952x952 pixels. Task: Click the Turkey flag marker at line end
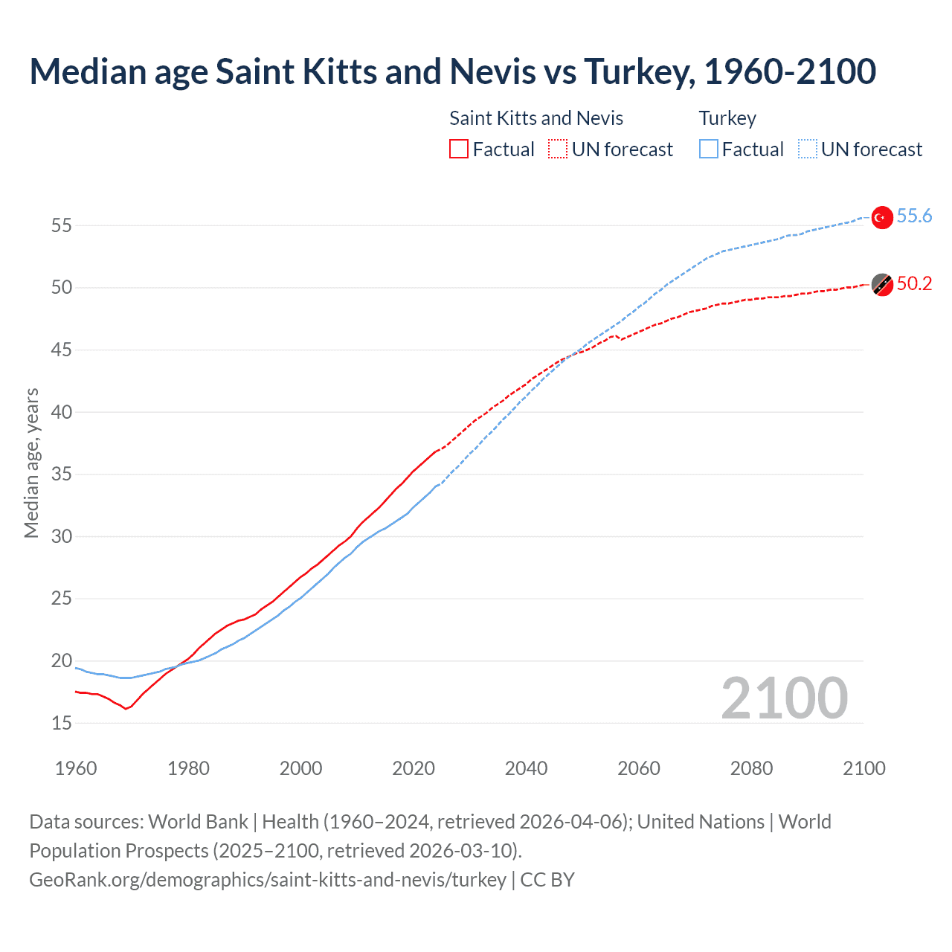(x=881, y=217)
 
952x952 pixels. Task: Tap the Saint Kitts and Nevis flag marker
(x=882, y=284)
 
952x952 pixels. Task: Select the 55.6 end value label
(x=914, y=216)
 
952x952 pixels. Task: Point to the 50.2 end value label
(x=914, y=284)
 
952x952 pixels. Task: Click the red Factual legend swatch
(x=459, y=149)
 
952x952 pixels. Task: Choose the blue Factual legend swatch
(x=709, y=149)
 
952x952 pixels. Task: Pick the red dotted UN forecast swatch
(x=558, y=149)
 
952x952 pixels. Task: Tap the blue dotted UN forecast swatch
(x=808, y=149)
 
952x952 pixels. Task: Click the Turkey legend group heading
(x=727, y=118)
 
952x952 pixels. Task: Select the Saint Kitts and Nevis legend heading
(x=536, y=118)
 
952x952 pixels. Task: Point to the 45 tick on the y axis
(x=62, y=350)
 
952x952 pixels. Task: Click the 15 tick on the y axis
(x=62, y=723)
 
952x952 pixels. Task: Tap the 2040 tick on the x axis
(x=526, y=768)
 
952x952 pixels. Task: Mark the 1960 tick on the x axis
(x=76, y=768)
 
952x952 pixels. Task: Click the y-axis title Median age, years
(x=31, y=463)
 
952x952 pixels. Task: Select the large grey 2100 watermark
(x=784, y=698)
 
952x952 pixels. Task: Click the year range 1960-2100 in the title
(x=790, y=71)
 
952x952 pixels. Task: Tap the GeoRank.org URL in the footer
(x=268, y=880)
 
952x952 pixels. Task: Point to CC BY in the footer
(x=547, y=880)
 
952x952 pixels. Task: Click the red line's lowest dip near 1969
(x=126, y=709)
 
